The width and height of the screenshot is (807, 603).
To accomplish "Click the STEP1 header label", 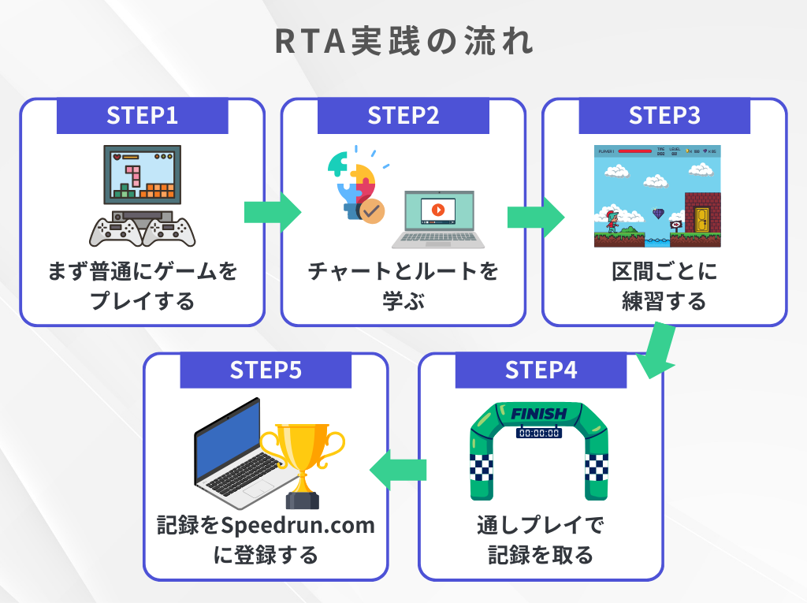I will pyautogui.click(x=142, y=116).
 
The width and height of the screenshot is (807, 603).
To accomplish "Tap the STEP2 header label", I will pyautogui.click(x=403, y=116).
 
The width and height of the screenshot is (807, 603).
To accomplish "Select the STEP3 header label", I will pyautogui.click(x=664, y=116).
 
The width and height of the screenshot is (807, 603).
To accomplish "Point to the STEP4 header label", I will pyautogui.click(x=541, y=370).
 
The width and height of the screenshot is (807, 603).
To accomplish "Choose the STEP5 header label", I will pyautogui.click(x=266, y=370).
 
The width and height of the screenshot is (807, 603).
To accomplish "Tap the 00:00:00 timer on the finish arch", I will pyautogui.click(x=539, y=433).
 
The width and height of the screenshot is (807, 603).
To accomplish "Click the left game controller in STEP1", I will pyautogui.click(x=115, y=230).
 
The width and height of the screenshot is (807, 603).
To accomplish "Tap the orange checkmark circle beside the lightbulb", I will pyautogui.click(x=370, y=210).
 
